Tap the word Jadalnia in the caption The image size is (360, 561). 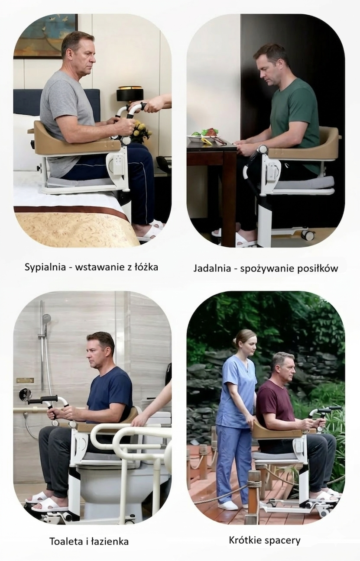coord(212,268)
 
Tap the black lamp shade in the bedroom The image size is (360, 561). coord(130,95)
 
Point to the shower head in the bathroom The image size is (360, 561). coord(46,318)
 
